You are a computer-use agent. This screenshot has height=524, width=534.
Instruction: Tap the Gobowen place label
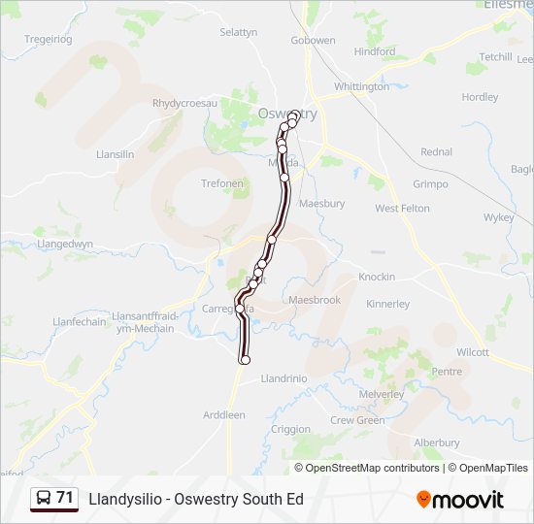point(314,41)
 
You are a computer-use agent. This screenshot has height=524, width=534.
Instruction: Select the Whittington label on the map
point(361,86)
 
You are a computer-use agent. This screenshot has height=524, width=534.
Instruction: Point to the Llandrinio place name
point(284,379)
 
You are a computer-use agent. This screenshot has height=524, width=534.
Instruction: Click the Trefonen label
point(222,183)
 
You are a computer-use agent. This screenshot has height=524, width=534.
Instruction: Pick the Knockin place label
point(377,277)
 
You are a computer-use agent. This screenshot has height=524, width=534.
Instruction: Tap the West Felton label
point(402,209)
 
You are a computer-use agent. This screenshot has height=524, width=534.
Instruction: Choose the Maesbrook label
point(315,300)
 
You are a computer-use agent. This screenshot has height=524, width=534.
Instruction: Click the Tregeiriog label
point(49,39)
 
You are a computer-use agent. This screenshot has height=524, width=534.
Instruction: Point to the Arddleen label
point(224,415)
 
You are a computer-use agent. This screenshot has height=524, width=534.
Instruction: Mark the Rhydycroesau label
point(185,103)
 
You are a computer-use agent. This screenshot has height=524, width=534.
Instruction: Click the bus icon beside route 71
point(44,498)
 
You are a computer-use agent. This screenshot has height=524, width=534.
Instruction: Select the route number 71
point(65,498)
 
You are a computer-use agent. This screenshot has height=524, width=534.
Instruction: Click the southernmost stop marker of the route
point(245,360)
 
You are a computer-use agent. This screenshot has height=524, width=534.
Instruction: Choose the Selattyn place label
point(238,32)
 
